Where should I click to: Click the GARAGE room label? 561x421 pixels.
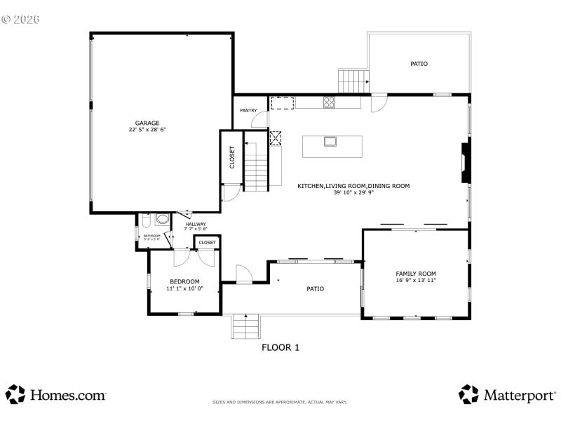(x=147, y=123)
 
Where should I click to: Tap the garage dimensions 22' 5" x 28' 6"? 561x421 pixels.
(x=147, y=130)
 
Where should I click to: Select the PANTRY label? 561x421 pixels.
(x=248, y=110)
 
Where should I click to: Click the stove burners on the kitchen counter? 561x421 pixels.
(x=328, y=102)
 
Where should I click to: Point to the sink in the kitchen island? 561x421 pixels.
(x=330, y=142)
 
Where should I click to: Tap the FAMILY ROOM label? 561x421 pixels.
(x=416, y=274)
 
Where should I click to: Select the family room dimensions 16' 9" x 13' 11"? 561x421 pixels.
(x=416, y=281)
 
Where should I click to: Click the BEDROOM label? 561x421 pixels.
(x=184, y=281)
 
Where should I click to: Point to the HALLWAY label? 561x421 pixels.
(x=196, y=224)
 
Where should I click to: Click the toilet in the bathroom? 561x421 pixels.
(x=144, y=221)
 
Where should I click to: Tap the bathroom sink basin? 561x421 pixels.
(x=161, y=220)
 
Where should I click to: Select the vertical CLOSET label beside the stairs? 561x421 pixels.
(x=232, y=157)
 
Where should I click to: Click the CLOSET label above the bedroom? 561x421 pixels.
(x=208, y=243)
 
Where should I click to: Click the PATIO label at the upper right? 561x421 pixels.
(x=419, y=64)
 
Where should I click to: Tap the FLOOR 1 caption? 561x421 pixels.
(x=280, y=347)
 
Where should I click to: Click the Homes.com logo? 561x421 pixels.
(x=56, y=394)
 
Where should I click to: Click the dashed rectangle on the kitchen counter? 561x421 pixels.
(x=282, y=103)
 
